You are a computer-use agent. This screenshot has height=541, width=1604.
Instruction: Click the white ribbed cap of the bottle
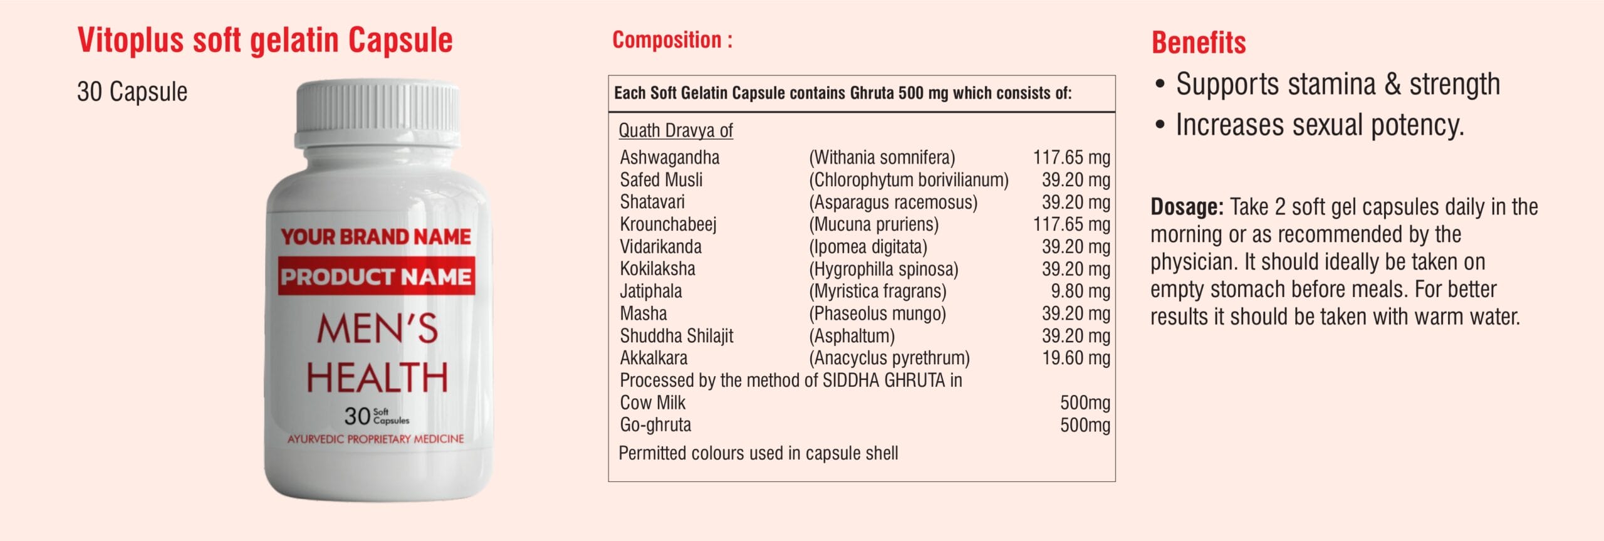pos(377,113)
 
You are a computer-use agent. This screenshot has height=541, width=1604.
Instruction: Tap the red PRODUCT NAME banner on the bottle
pos(376,276)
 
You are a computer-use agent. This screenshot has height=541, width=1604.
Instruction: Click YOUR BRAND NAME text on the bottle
pos(376,236)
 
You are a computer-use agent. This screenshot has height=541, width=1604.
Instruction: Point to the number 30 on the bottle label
pos(357,416)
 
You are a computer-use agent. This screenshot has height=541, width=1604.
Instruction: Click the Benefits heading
pos(1198,43)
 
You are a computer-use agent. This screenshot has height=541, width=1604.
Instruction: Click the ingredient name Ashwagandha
pos(669,157)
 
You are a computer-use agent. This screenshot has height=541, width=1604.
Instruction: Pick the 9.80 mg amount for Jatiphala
pos(1080,291)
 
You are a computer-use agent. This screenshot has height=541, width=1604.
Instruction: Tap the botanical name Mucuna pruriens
pos(873,224)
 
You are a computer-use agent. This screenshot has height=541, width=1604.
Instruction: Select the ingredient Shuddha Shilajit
pos(676,336)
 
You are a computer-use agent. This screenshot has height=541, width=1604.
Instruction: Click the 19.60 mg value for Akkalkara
pos(1076,358)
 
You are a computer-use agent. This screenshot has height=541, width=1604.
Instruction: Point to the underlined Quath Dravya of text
pos(675,130)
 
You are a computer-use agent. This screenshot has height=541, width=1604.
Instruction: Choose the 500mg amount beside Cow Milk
pos(1085,402)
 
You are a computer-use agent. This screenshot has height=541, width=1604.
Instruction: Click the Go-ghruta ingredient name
pos(655,425)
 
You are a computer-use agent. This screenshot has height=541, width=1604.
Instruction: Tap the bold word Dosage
pos(1186,207)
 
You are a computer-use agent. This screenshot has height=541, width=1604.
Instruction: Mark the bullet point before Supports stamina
pos(1160,85)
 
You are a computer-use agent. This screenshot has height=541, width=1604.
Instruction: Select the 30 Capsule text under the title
pos(132,92)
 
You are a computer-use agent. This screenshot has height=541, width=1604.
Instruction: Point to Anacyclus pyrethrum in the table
pos(889,358)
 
